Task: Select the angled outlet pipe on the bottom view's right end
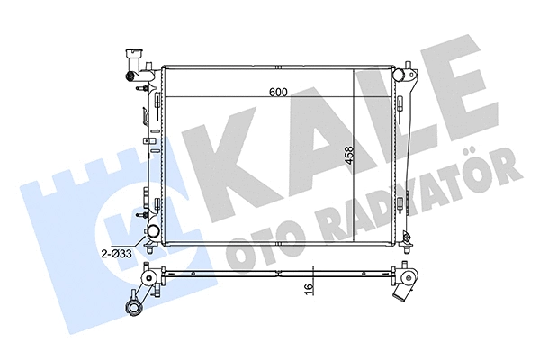pos(409,291)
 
